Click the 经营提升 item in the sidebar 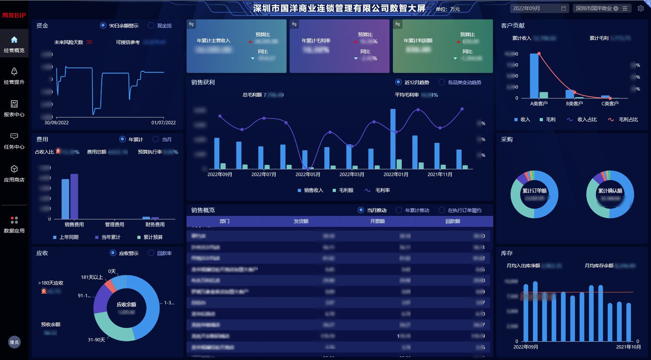coord(14,76)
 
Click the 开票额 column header coord(377,221)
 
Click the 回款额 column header coord(453,221)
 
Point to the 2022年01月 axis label coord(396,174)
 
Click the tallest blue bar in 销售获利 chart coord(393,139)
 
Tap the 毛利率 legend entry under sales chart coord(378,190)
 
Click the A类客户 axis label coord(539,104)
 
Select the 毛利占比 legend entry coord(624,120)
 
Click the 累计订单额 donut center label coord(534,191)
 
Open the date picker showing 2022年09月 coord(539,8)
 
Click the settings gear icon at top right coord(641,8)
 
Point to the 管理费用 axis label coord(114,224)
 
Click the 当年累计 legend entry coord(108,237)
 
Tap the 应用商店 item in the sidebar coord(14,174)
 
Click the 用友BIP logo coord(14,15)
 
